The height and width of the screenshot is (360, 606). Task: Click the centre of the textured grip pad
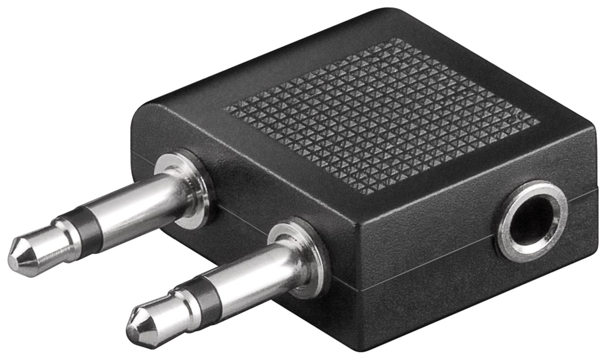tap(381, 116)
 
